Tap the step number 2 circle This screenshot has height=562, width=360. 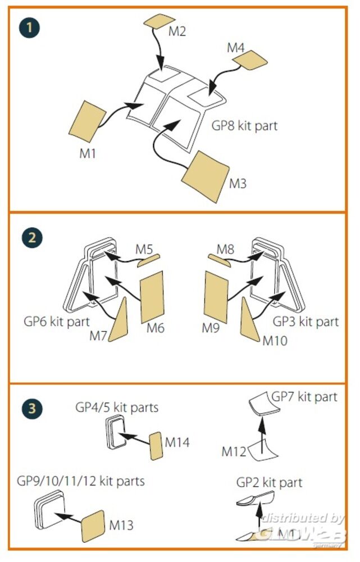[32, 237]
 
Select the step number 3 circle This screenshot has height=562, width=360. [32, 409]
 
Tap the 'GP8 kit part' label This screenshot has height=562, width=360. [244, 125]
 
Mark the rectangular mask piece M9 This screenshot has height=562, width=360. [216, 296]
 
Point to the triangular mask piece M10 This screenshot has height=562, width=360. [249, 318]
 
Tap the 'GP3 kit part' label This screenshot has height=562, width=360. [306, 322]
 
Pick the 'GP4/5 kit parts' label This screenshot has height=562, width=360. [117, 407]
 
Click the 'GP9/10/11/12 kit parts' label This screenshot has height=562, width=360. [81, 481]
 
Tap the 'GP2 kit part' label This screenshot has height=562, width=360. [268, 483]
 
